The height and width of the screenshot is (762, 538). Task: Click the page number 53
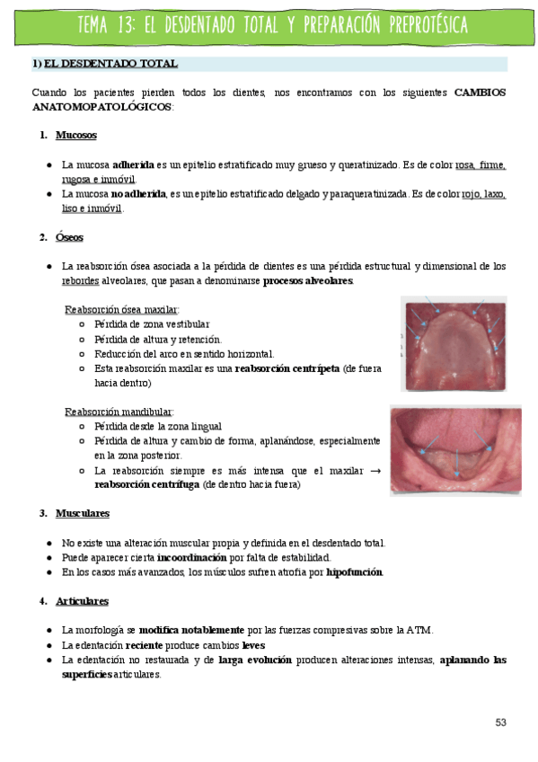[500, 722]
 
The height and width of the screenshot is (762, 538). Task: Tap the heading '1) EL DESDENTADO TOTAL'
[104, 64]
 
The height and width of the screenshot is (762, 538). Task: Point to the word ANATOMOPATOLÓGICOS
[101, 106]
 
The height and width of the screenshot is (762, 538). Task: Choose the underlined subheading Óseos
[69, 237]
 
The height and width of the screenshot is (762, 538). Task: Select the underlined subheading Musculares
[82, 513]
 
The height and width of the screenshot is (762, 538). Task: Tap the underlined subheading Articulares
[82, 600]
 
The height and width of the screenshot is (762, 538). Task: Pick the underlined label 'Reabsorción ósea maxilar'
[121, 309]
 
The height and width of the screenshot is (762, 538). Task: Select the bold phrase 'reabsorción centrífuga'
[147, 484]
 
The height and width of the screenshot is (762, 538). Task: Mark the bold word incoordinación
[192, 557]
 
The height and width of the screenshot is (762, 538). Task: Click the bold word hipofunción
[354, 571]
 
